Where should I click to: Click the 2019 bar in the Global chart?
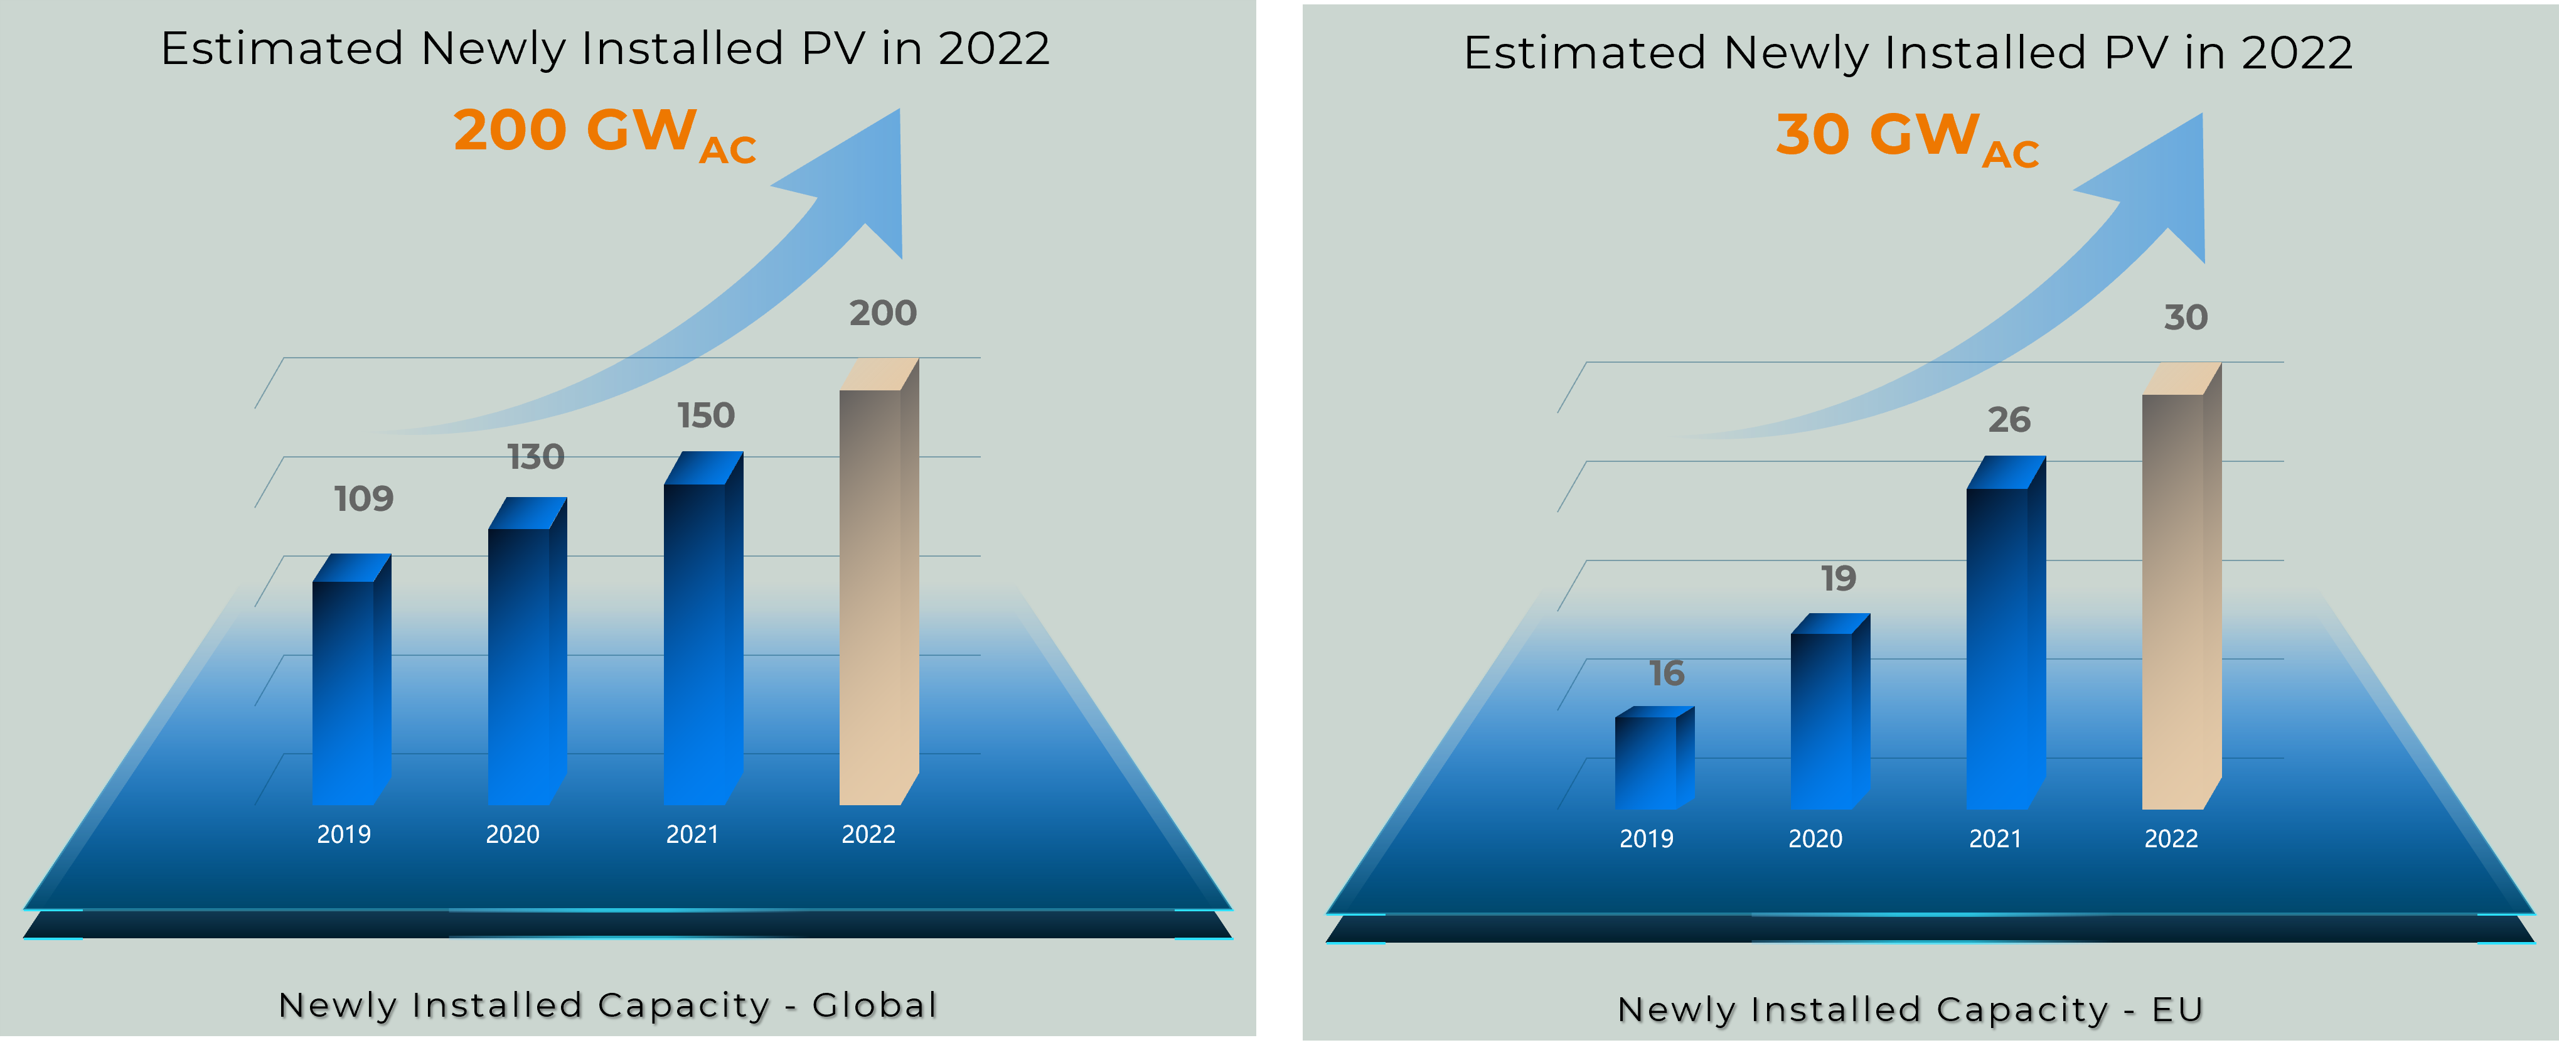(x=344, y=690)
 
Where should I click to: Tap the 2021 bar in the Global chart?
(x=695, y=641)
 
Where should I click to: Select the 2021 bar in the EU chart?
(x=1998, y=646)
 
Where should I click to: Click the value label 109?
(x=363, y=499)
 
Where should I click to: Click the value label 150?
(x=707, y=415)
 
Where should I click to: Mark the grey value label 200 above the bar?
(x=883, y=314)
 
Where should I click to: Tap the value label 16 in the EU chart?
(x=1667, y=673)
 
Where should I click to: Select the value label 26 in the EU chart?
(x=2009, y=420)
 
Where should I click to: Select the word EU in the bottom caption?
(x=2177, y=1009)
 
